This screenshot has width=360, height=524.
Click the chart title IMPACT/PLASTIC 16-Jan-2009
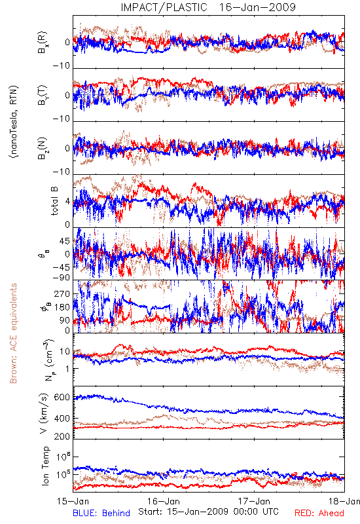click(x=208, y=7)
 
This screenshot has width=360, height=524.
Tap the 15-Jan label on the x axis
click(x=73, y=501)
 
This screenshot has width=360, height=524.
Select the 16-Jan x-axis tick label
click(x=164, y=501)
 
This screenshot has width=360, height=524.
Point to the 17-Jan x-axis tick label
click(x=254, y=501)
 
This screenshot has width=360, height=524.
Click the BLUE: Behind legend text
click(x=101, y=513)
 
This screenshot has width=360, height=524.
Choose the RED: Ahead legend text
click(x=319, y=513)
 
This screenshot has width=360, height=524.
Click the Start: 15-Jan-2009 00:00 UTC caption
click(x=208, y=512)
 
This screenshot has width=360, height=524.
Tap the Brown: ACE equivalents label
click(x=13, y=333)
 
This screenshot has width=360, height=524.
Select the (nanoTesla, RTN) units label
click(x=14, y=122)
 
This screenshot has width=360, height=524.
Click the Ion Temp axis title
click(x=45, y=466)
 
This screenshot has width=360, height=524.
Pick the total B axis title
click(x=54, y=201)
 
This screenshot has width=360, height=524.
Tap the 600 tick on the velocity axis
click(x=62, y=398)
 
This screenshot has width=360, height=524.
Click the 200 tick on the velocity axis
click(x=62, y=436)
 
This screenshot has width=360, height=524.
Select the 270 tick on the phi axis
click(x=62, y=294)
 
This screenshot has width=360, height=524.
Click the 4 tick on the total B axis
click(x=67, y=202)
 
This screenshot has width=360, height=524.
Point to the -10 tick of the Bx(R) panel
click(x=61, y=65)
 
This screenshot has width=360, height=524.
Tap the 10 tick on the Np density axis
click(x=65, y=351)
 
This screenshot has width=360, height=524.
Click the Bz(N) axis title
click(x=42, y=148)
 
